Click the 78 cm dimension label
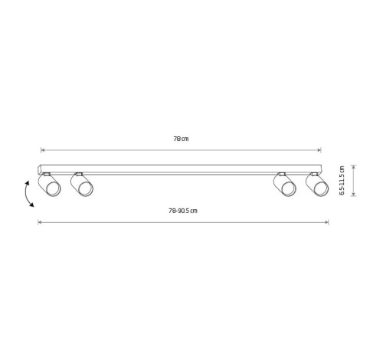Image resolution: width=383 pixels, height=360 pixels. (181, 139)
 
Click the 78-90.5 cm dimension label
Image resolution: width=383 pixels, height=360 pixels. (183, 211)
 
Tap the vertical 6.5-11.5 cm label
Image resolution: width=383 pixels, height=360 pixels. (342, 180)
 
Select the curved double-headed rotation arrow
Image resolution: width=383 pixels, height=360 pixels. (28, 194)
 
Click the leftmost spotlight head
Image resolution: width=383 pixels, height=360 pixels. (49, 185)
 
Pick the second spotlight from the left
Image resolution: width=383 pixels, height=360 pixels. (82, 185)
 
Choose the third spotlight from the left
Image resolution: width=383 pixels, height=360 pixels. (285, 185)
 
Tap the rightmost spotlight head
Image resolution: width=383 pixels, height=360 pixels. (317, 185)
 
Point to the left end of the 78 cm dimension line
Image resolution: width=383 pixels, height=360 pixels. (41, 150)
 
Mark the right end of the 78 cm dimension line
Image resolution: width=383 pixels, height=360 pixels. (321, 150)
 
